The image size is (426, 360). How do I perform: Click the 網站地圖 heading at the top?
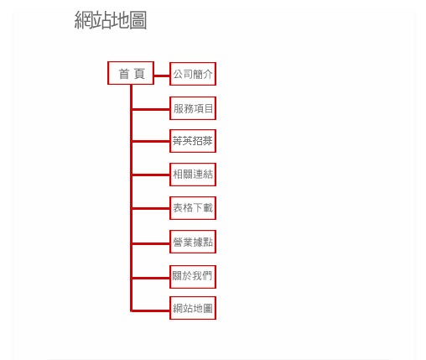pyautogui.click(x=111, y=20)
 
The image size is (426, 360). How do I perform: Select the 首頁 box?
pyautogui.click(x=131, y=73)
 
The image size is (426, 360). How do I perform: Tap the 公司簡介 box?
pyautogui.click(x=193, y=74)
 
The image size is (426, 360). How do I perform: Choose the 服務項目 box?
pyautogui.click(x=193, y=108)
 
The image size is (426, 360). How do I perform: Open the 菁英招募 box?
pyautogui.click(x=193, y=141)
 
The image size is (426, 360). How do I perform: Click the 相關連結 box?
pyautogui.click(x=193, y=175)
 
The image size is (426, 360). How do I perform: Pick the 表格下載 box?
pyautogui.click(x=193, y=208)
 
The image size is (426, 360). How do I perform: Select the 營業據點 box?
pyautogui.click(x=193, y=242)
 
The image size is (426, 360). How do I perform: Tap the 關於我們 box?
pyautogui.click(x=193, y=277)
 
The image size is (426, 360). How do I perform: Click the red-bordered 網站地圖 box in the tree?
pyautogui.click(x=193, y=308)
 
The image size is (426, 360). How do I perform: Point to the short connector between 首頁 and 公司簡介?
pyautogui.click(x=162, y=76)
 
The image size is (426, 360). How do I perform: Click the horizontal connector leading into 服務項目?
pyautogui.click(x=151, y=109)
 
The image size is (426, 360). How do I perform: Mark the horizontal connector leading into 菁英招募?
pyautogui.click(x=151, y=142)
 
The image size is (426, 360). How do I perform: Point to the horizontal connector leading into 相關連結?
pyautogui.click(x=151, y=175)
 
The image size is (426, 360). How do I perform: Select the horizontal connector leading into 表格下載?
pyautogui.click(x=151, y=208)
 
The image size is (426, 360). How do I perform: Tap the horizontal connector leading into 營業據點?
pyautogui.click(x=151, y=244)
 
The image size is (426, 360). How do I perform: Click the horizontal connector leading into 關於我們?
pyautogui.click(x=151, y=278)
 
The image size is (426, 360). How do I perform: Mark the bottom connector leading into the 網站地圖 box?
pyautogui.click(x=150, y=310)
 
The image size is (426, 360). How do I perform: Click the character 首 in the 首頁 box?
pyautogui.click(x=124, y=74)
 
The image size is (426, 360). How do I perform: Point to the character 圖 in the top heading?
pyautogui.click(x=138, y=20)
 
